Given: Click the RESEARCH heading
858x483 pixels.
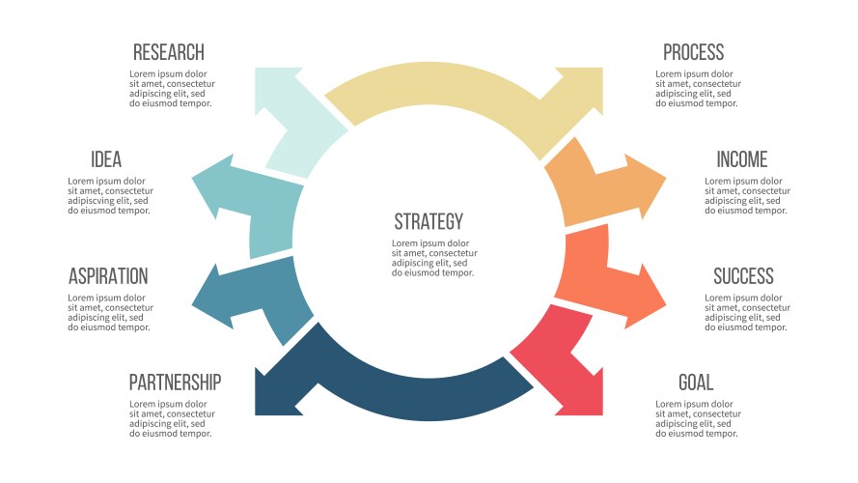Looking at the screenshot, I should pyautogui.click(x=169, y=52).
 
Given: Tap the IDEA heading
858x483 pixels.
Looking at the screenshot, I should pyautogui.click(x=106, y=160).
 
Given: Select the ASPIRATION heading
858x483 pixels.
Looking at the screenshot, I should pyautogui.click(x=108, y=276).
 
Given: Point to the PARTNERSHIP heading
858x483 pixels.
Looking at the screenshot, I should pyautogui.click(x=175, y=383).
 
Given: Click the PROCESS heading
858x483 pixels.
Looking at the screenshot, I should pyautogui.click(x=693, y=52).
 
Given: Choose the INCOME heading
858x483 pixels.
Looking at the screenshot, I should pyautogui.click(x=741, y=160).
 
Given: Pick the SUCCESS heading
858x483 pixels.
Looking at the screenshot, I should pyautogui.click(x=743, y=276).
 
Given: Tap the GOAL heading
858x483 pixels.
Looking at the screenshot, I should pyautogui.click(x=695, y=383).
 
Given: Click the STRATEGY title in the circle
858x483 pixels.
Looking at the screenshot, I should pyautogui.click(x=429, y=221).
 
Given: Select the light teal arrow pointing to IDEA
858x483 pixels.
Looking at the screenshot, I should pyautogui.click(x=246, y=204).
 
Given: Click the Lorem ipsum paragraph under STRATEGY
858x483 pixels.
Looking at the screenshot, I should pyautogui.click(x=431, y=258).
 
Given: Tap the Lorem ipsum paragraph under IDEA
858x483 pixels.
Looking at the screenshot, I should pyautogui.click(x=109, y=195).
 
